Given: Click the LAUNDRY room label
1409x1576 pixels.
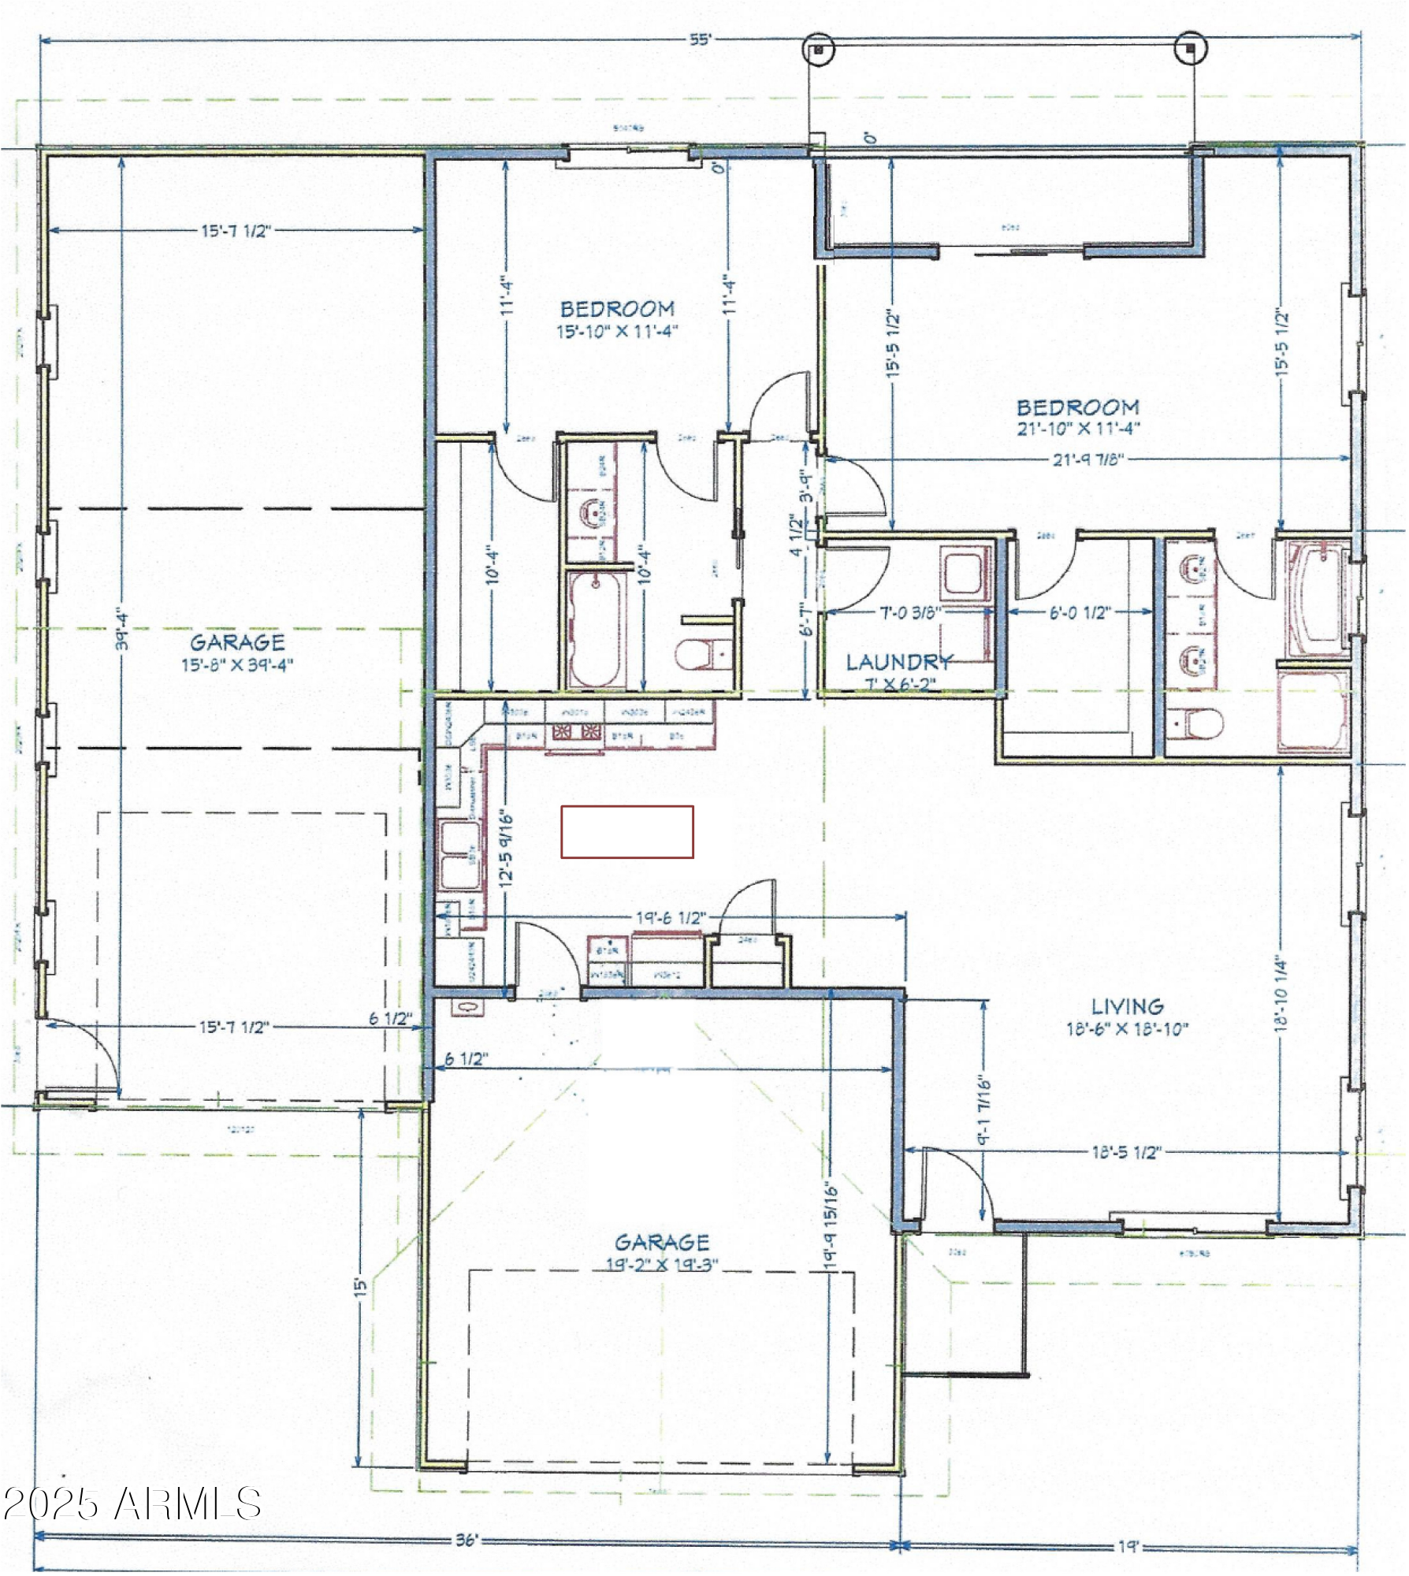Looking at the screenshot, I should point(898,663).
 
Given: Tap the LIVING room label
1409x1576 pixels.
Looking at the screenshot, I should point(1127,1007).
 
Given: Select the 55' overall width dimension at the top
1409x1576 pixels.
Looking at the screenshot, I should point(700,40).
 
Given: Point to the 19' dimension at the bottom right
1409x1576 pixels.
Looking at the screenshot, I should point(1128,1547).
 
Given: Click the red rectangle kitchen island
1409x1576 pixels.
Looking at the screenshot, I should point(626,831).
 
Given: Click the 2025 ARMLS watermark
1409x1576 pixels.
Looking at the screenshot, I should point(132,1504).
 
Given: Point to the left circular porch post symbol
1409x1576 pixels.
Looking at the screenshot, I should point(818,49).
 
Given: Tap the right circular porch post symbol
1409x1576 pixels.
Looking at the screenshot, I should point(1190,49).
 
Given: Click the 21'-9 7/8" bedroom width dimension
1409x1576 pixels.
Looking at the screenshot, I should point(1087,459).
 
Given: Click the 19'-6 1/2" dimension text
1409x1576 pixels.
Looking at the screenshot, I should point(671,918).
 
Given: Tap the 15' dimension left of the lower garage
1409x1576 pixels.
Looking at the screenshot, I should point(360,1288).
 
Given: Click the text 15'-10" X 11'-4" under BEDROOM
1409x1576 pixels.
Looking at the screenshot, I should point(617,332).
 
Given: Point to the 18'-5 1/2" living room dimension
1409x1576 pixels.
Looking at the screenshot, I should point(1126,1153).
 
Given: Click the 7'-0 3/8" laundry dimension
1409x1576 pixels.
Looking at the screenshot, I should point(910,612).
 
